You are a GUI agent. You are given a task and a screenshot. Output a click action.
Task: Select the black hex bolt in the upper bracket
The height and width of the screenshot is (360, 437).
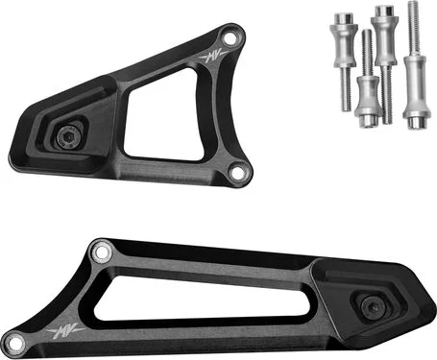click(67, 137)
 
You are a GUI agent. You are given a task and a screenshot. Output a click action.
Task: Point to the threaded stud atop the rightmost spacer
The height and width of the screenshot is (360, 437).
click(414, 29)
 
